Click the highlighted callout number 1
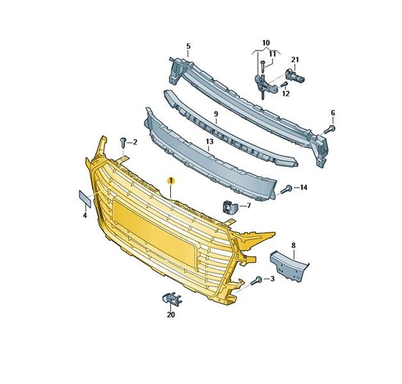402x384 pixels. (171, 180)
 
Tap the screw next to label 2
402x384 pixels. (124, 142)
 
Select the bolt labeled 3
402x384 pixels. (256, 280)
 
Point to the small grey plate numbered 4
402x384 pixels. (84, 198)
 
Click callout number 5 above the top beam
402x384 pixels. (188, 46)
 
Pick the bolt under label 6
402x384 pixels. (330, 129)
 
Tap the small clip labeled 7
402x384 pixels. (230, 207)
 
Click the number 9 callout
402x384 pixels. (216, 113)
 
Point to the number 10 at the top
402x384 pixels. (266, 42)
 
